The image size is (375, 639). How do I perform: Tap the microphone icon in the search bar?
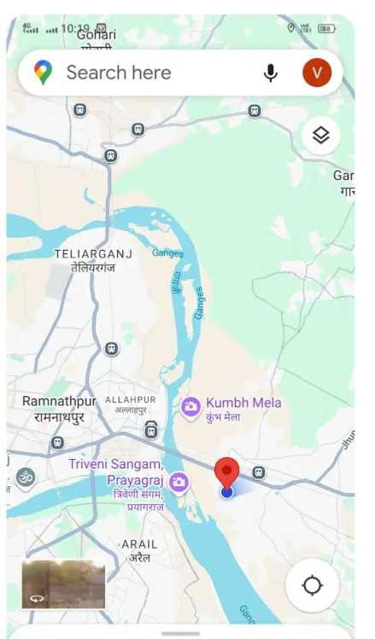(x=271, y=73)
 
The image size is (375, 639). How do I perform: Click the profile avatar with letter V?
(x=316, y=73)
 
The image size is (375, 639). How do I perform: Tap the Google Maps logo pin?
(x=43, y=73)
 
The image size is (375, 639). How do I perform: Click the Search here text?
(x=119, y=73)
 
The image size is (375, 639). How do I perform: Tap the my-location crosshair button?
(x=313, y=585)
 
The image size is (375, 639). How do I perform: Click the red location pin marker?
(x=226, y=472)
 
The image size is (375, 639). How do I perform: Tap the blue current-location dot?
(x=226, y=492)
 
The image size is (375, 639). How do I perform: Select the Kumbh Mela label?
(x=243, y=403)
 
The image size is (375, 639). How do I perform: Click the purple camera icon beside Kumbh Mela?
(x=190, y=407)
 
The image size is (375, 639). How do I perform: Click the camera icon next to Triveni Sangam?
(x=179, y=483)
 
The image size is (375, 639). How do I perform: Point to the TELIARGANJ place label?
(x=84, y=254)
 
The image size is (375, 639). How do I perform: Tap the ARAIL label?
(x=139, y=544)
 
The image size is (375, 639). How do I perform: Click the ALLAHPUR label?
(x=130, y=399)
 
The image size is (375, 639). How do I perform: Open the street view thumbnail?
(x=63, y=584)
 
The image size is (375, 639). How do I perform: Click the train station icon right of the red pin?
(x=258, y=472)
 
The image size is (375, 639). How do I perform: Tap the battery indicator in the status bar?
(x=326, y=28)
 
